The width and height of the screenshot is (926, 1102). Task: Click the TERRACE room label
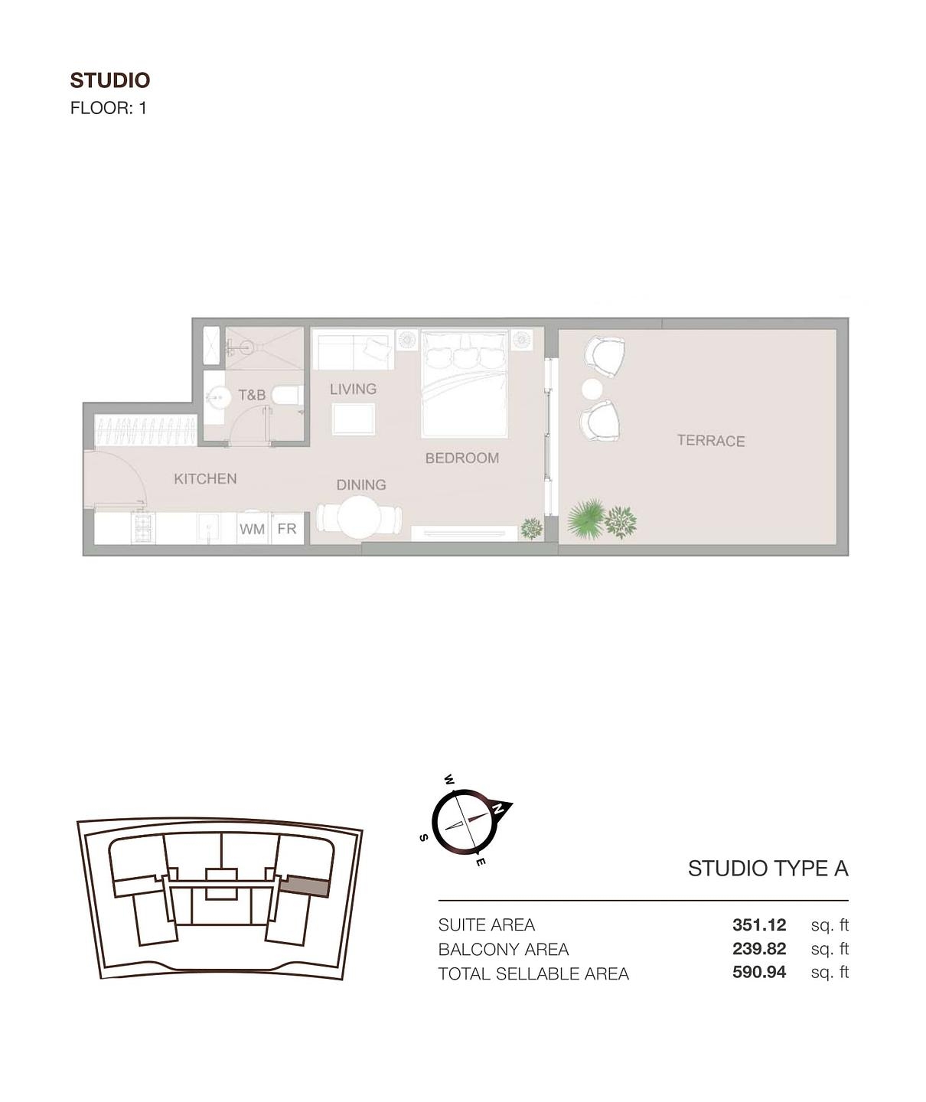[710, 441]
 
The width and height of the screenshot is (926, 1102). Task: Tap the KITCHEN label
[205, 479]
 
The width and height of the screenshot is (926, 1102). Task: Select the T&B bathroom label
[252, 395]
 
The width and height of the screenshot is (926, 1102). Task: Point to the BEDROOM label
[462, 458]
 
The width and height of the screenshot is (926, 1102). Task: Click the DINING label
[361, 485]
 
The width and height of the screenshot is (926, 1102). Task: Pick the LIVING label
[353, 390]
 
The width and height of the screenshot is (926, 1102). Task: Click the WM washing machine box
[252, 529]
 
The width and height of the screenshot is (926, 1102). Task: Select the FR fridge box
[287, 529]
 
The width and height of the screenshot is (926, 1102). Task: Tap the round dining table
[360, 518]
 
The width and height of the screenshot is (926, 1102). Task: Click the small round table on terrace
[592, 389]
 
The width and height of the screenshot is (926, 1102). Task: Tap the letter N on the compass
[498, 807]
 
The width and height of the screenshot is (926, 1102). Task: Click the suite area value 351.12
[758, 924]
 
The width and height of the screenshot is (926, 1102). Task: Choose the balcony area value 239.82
[758, 949]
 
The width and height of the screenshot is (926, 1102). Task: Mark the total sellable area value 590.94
[758, 973]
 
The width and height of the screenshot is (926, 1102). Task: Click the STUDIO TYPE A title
[768, 869]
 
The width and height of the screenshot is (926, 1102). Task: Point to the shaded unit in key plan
[306, 886]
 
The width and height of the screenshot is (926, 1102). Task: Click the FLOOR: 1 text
[109, 108]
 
